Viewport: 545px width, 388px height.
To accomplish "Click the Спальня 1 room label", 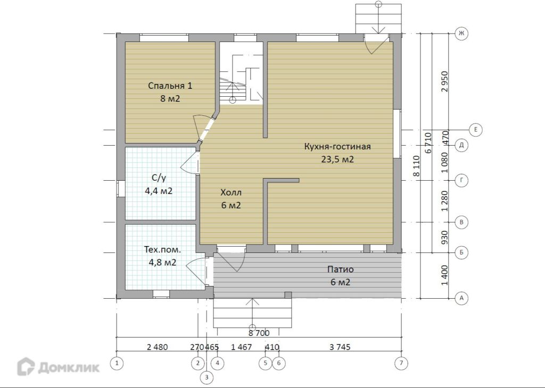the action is point(170,86).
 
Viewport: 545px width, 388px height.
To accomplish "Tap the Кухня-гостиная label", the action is point(337,147).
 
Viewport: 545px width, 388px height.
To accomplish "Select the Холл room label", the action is point(231,192).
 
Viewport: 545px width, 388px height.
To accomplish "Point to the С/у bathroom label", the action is point(159,178).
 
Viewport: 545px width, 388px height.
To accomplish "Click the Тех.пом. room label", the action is point(163,249).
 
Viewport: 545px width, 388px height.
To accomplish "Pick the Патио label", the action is point(340,269).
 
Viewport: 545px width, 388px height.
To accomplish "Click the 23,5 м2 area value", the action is point(337,159).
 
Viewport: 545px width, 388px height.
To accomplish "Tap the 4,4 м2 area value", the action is point(159,191).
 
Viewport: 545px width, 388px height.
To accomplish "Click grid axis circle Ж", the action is point(461,33).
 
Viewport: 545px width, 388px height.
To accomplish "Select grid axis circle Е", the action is point(476,130).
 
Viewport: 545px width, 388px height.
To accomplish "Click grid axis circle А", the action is point(461,298).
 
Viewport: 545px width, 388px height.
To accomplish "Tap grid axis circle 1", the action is point(117,364).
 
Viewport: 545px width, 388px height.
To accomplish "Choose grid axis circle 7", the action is point(401,364).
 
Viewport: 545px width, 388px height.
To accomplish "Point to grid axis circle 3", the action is point(207,377).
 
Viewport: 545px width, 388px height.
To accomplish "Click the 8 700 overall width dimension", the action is point(259,333).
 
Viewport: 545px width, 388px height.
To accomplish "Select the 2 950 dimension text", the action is point(444,81).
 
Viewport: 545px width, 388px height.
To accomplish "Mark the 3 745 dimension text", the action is point(340,347).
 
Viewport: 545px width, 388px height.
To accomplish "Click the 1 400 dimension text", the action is point(444,275).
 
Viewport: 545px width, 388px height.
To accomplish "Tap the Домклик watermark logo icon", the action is point(26,367).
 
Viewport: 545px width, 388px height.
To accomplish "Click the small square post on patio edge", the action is point(288,295).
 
